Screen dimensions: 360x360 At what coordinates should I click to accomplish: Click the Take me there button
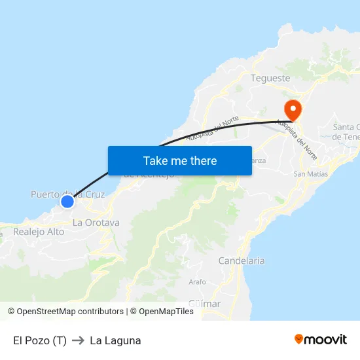click(180, 160)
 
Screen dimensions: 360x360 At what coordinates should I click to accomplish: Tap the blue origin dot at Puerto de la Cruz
click(67, 201)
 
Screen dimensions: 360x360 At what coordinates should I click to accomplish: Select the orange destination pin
click(292, 109)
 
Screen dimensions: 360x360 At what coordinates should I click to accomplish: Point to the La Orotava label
click(96, 223)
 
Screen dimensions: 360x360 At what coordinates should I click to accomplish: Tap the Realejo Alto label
click(39, 232)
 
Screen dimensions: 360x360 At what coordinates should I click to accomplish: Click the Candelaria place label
click(242, 261)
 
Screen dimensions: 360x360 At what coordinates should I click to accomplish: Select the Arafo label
click(197, 282)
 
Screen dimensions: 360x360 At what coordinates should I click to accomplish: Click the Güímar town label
click(204, 304)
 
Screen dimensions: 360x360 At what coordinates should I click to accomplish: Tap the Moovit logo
click(321, 339)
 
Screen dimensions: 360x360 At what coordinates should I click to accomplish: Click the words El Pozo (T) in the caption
click(39, 340)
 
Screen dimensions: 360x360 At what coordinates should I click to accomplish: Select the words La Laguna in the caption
click(115, 340)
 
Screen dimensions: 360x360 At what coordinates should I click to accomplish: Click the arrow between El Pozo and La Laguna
click(78, 340)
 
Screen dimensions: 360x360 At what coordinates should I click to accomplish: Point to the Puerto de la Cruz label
click(67, 194)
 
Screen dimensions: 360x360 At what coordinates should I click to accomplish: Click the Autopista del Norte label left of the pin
click(212, 129)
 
